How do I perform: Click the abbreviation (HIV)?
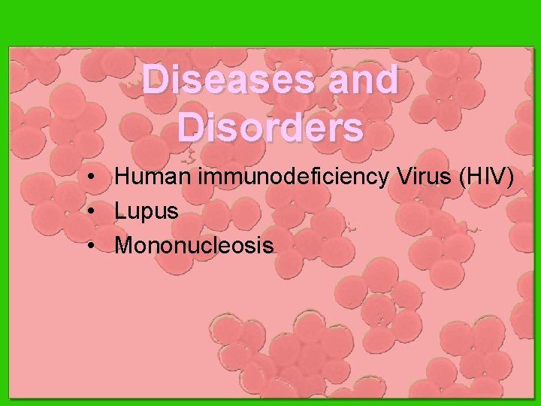[x=486, y=178]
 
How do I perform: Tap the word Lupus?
[x=147, y=212]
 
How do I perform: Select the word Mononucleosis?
[x=194, y=245]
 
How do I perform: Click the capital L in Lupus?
[x=120, y=212]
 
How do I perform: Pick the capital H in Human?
[x=122, y=178]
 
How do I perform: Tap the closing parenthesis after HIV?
[x=512, y=179]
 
